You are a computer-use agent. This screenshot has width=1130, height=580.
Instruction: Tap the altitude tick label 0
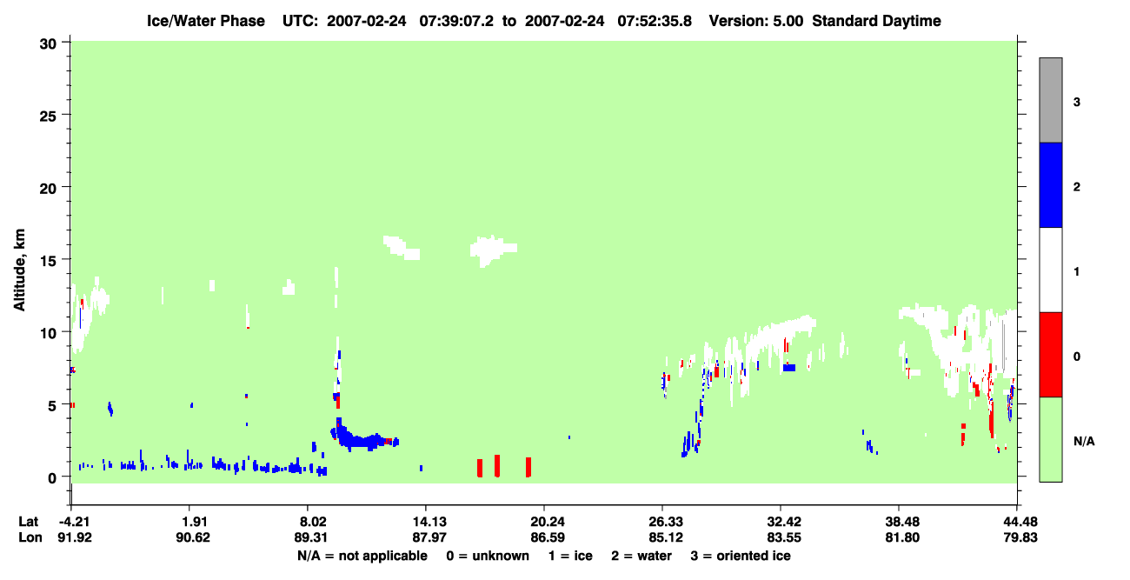(52, 478)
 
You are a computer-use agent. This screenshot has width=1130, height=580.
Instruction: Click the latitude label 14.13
(429, 522)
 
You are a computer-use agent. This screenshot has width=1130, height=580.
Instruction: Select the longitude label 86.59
(548, 537)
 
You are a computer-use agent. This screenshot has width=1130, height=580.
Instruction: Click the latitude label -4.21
(75, 522)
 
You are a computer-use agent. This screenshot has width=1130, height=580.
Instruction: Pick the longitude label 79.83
(1020, 537)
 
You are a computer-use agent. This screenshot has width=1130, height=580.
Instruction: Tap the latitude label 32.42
(783, 522)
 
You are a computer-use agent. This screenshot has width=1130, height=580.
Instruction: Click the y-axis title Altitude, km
(19, 270)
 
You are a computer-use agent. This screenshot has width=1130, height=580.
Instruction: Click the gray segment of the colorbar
(1050, 100)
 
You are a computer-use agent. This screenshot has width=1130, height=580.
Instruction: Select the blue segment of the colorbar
(1050, 184)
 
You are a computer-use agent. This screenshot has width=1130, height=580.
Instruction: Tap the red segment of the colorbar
(1050, 355)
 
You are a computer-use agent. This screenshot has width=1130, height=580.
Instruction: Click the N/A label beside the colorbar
(1084, 442)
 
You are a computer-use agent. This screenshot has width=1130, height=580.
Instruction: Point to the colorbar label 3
(1076, 103)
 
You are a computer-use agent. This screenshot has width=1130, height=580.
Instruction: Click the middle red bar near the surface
(497, 465)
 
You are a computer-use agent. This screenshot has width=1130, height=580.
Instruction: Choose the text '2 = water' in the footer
(641, 557)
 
